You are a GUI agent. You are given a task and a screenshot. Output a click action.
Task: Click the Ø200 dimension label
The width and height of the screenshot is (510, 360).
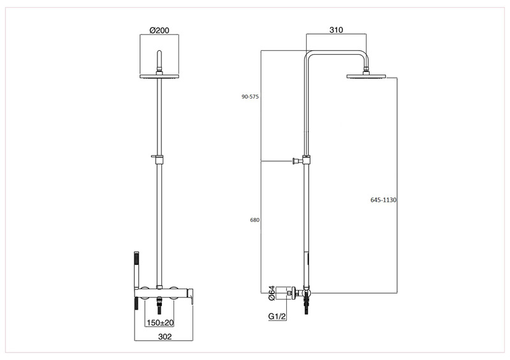point(159,30)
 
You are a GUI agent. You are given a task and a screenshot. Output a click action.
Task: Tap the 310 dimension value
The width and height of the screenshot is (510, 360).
point(336,30)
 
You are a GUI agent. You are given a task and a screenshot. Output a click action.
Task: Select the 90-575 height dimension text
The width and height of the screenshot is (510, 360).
point(250,97)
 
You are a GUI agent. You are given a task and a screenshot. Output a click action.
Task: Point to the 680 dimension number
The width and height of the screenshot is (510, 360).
point(254,220)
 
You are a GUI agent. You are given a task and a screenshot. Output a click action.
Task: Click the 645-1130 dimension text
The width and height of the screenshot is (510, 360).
point(384,199)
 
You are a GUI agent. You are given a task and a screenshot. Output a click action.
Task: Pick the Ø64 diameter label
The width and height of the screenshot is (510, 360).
point(272,292)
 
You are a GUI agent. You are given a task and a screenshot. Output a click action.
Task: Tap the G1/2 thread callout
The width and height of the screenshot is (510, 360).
point(277,316)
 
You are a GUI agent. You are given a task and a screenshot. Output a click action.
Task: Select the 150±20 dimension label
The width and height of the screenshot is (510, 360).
point(160,322)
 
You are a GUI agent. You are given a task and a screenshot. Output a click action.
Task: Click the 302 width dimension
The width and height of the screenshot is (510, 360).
point(164,336)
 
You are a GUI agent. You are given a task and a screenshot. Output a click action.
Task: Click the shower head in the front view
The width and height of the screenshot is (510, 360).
point(159,76)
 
